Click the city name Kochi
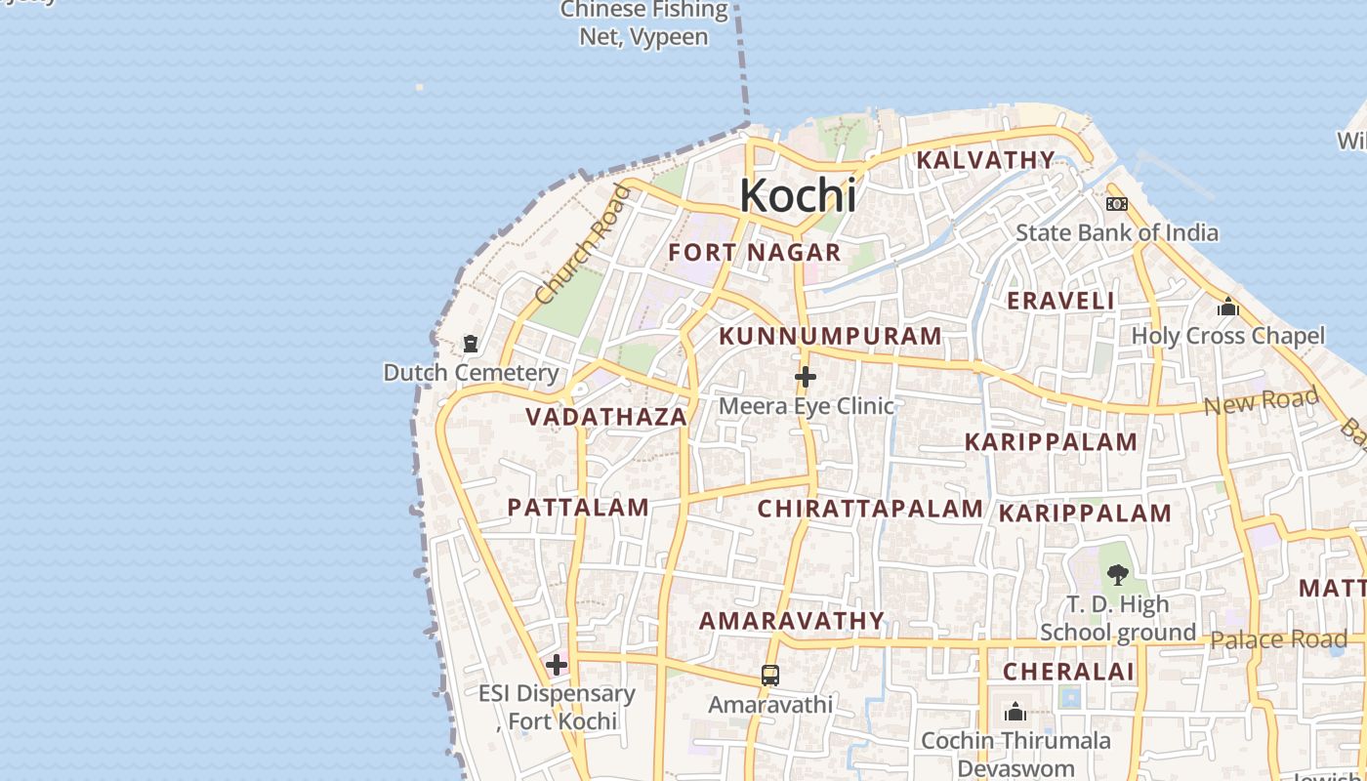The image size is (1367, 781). click(798, 195)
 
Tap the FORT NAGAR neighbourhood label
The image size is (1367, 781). click(754, 253)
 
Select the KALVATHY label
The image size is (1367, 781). click(986, 160)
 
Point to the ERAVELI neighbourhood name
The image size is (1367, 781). click(1060, 301)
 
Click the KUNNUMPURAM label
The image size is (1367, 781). click(830, 337)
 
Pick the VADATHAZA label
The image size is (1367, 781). click(606, 418)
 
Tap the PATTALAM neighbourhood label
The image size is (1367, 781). click(578, 508)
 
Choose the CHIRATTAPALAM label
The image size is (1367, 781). click(870, 509)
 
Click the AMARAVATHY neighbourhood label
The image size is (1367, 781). click(792, 621)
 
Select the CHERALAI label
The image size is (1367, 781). click(1068, 672)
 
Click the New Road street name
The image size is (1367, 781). click(1261, 400)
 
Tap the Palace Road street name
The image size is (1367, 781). click(1278, 640)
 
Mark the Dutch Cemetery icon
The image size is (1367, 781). click(471, 344)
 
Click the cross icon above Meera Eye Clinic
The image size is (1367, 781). click(806, 377)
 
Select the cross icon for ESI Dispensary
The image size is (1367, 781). click(557, 666)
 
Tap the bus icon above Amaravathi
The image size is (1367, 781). click(770, 676)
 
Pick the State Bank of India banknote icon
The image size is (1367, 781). click(1117, 204)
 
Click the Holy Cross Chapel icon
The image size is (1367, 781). click(1227, 308)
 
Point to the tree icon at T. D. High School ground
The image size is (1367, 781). click(1118, 575)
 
